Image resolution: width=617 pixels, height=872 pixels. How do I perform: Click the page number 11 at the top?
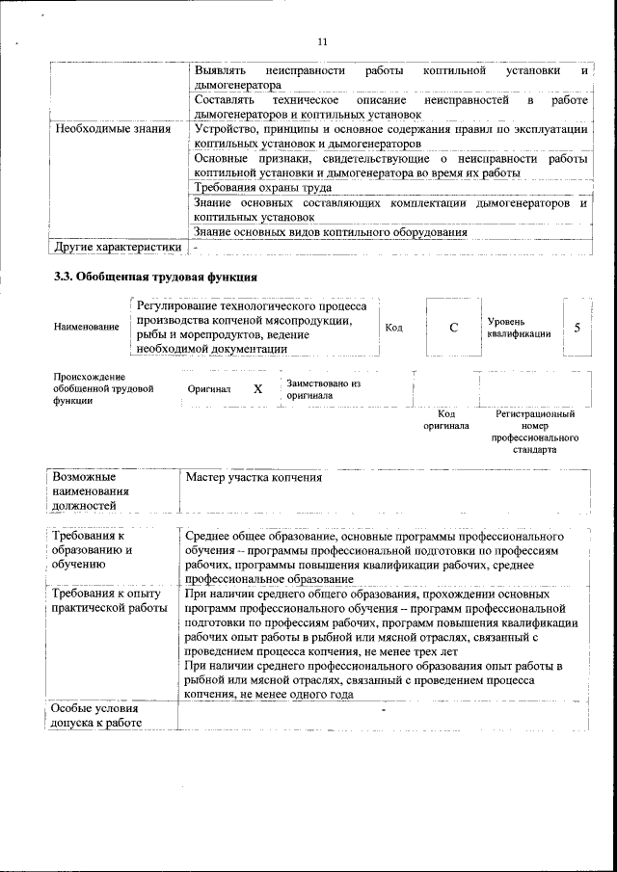click(322, 41)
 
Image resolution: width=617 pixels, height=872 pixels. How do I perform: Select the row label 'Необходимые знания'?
click(113, 128)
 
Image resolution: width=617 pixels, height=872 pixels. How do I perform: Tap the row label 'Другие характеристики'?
click(118, 247)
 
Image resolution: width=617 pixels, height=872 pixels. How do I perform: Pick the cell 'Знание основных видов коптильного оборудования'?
click(331, 232)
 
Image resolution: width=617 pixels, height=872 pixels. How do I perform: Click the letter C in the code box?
click(453, 327)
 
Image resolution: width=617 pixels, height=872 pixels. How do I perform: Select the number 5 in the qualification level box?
click(577, 327)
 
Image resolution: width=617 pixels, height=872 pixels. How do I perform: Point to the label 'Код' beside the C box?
click(393, 328)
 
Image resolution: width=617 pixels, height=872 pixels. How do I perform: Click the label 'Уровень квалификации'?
click(520, 327)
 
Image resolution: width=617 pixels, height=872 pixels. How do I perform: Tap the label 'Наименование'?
click(87, 328)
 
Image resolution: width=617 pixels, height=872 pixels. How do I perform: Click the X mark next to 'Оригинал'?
click(257, 389)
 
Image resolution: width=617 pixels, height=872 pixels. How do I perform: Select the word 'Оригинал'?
click(209, 389)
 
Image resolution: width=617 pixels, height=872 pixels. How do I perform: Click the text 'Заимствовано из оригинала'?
click(323, 388)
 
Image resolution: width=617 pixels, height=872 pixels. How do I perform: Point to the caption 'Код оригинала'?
click(446, 419)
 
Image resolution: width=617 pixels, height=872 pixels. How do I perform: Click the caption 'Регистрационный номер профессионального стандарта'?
click(534, 432)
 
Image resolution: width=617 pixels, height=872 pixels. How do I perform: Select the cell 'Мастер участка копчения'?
click(254, 477)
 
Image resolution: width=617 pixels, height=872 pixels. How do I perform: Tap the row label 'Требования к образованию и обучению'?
click(94, 550)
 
